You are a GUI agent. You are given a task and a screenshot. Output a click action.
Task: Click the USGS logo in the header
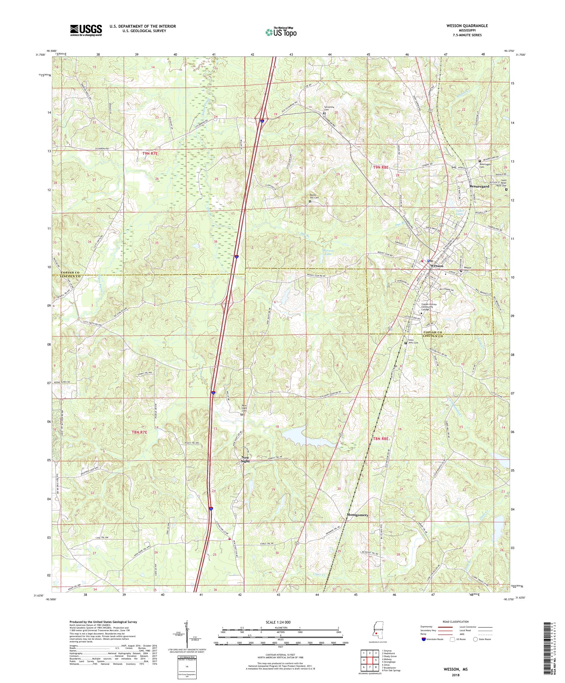tap(86, 31)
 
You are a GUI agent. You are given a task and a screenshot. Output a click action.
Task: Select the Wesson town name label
tap(436, 266)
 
